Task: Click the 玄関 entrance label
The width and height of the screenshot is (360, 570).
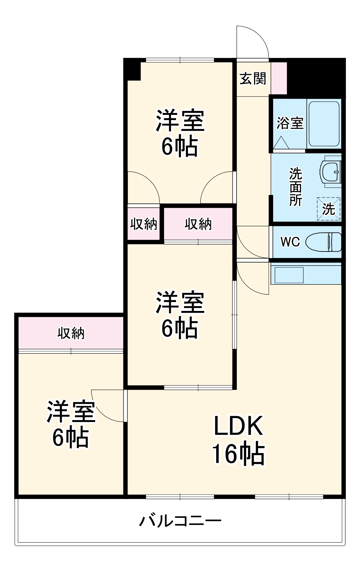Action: coord(253,78)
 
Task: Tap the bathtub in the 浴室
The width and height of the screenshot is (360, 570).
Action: coord(324,124)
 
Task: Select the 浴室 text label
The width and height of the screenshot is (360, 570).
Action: coord(290,123)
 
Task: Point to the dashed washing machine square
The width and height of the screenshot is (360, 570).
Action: coord(329,209)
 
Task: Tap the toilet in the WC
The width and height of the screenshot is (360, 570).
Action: coord(324,242)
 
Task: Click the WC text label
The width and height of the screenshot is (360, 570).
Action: coord(290,242)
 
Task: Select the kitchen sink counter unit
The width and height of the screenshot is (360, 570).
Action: coord(306,275)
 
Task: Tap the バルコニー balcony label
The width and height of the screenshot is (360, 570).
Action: coord(180,521)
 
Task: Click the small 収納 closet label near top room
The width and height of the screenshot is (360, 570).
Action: coord(144,224)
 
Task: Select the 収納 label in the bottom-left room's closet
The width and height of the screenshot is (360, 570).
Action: coord(71,333)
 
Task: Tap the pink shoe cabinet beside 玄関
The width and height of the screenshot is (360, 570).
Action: coord(279,78)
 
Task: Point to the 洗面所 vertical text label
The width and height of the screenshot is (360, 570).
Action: coord(295,187)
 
